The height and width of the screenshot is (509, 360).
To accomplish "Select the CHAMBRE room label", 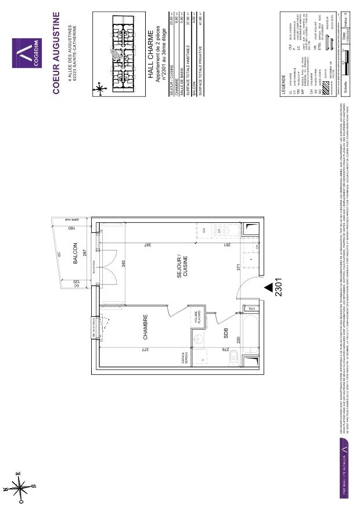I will coord(145,327).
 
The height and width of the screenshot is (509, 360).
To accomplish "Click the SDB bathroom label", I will coord(225,334).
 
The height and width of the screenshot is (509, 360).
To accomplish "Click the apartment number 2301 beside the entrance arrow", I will coord(279,286).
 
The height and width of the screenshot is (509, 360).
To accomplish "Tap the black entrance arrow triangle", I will coord(268,286).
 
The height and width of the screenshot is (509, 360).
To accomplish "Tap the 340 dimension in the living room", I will coord(123,263).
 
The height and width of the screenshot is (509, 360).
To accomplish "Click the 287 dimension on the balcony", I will coord(84,254).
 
